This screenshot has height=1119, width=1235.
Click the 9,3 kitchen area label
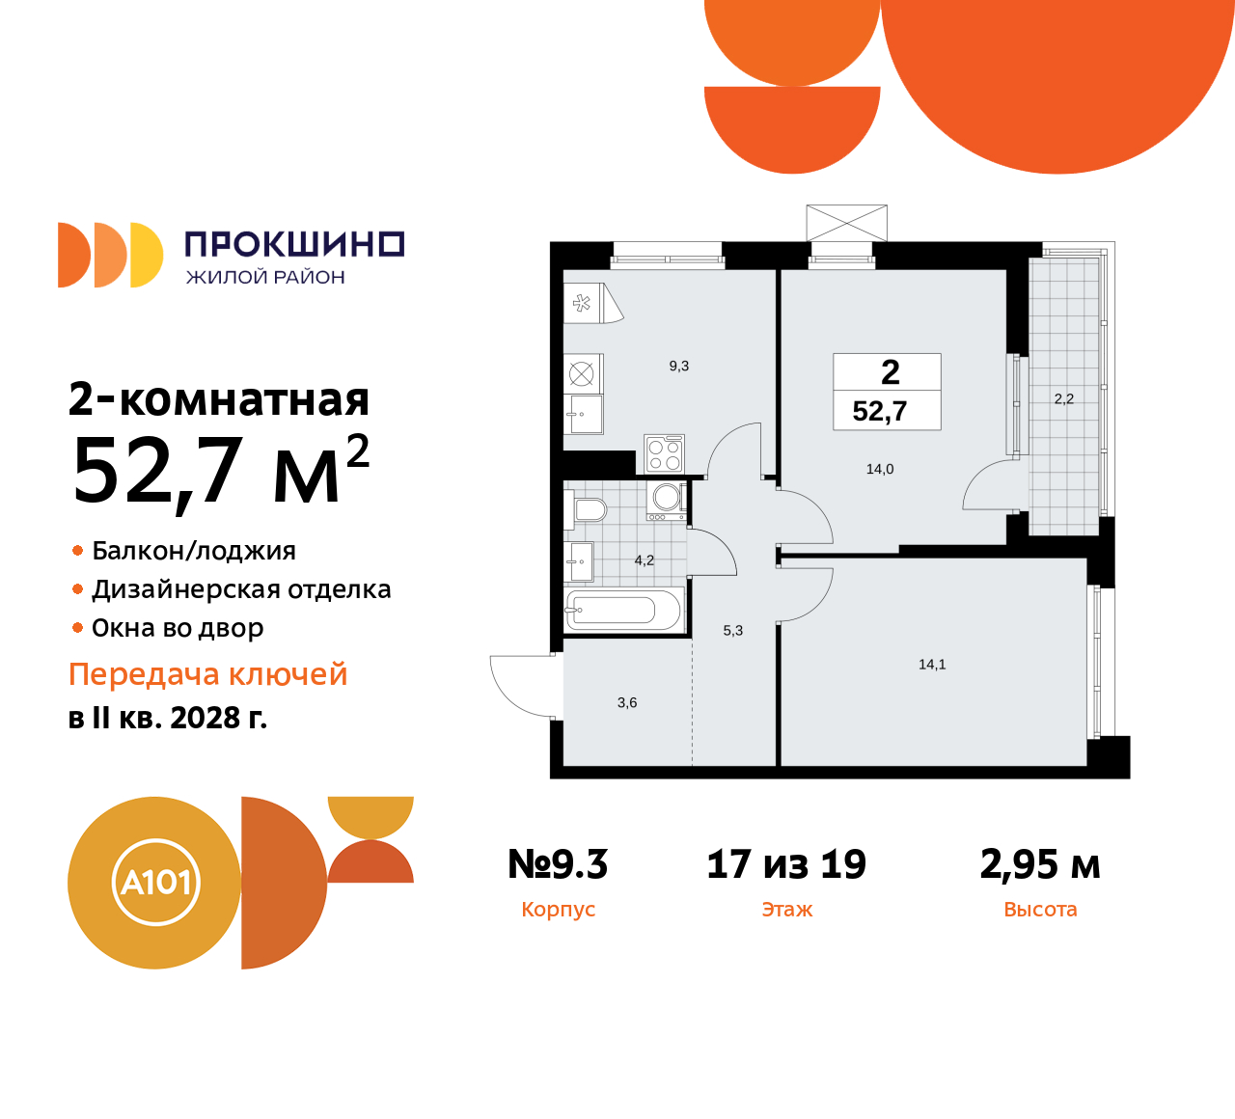pos(679,367)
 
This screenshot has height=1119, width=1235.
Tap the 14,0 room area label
pos(880,470)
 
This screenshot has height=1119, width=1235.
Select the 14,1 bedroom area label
pos(932,665)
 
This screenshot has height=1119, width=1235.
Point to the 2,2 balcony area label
pos(1063,399)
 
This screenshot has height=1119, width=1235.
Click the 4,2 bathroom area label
pos(645,560)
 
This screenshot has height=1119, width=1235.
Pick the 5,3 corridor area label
pos(733,631)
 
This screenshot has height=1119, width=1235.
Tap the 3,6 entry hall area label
pos(627,703)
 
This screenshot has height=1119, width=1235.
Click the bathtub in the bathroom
pos(624,610)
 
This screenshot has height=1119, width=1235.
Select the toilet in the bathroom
pos(589,509)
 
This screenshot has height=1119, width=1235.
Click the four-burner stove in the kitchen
pos(665,453)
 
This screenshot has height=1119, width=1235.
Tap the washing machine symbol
pos(668,498)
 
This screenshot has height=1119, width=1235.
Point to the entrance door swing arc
pos(516,687)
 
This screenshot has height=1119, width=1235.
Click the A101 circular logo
pos(154,883)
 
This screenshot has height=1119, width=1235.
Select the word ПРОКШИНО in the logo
pos(293,245)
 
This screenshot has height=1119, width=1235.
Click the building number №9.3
pos(558,864)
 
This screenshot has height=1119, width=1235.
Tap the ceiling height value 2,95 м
pos(1040,864)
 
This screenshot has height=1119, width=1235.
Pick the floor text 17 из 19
pos(786,864)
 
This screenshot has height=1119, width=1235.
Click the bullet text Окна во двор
pos(178,628)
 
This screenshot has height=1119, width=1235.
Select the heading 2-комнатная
pos(219,399)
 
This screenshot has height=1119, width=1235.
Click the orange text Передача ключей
pos(208,674)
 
